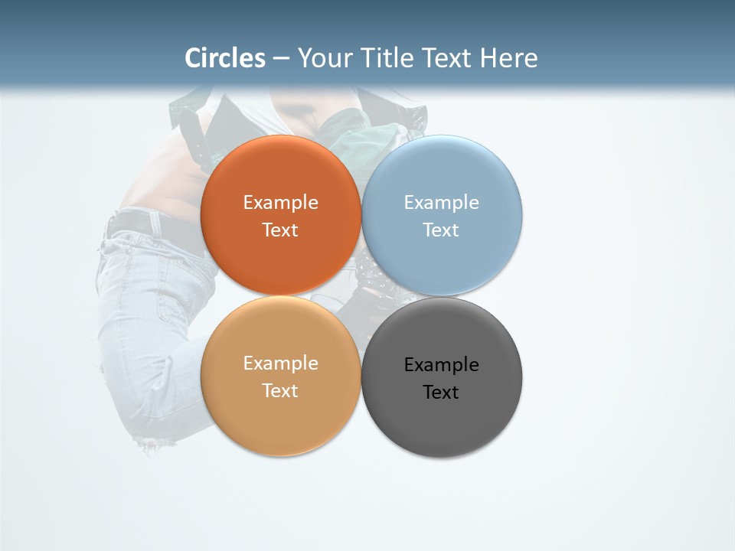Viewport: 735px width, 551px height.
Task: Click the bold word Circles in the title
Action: (225, 58)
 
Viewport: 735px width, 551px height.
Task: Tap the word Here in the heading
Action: (509, 58)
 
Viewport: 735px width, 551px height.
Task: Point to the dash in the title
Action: (280, 58)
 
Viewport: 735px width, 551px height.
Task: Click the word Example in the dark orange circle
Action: (280, 203)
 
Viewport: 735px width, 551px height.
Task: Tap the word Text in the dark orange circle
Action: (280, 230)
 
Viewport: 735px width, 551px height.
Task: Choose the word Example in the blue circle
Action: (441, 203)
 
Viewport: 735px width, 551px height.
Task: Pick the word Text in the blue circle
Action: (441, 230)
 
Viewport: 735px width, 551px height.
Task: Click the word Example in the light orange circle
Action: (280, 364)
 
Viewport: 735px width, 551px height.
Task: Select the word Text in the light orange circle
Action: (280, 391)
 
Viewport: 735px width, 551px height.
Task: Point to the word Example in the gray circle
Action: (441, 365)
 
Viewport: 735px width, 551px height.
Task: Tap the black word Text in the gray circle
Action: (441, 393)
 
